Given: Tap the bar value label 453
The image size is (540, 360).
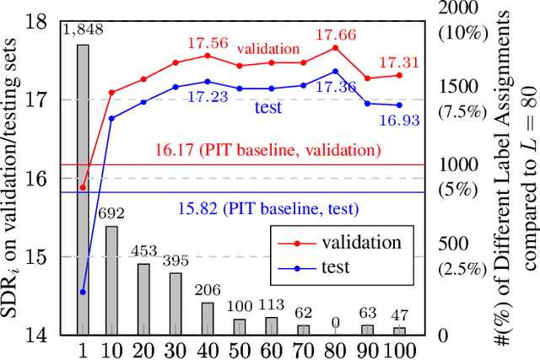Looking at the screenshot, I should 143,250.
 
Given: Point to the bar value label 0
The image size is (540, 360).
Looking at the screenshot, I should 336,321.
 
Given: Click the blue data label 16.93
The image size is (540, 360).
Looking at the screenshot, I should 397,121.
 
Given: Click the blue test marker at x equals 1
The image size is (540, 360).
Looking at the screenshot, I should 83,292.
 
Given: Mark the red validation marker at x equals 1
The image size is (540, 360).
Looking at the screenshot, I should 83,187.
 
